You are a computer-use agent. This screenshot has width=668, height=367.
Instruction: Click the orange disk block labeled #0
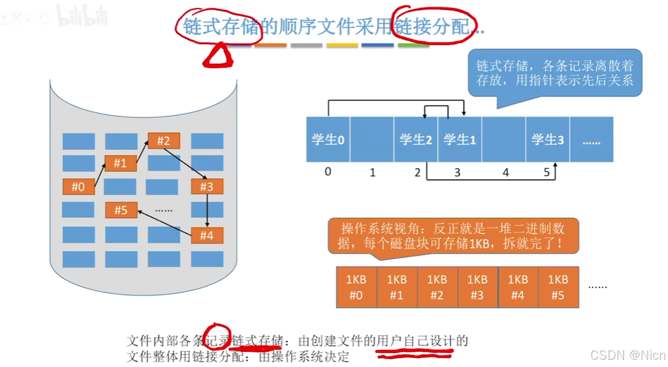78,187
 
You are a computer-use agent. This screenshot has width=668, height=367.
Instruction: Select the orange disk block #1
120,163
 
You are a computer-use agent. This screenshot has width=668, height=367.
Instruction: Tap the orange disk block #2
164,141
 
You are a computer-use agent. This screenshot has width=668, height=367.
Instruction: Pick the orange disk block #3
207,187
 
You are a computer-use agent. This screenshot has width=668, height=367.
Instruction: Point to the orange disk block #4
207,235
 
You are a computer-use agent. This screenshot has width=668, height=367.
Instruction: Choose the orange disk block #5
121,210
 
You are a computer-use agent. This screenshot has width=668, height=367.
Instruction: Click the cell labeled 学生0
328,140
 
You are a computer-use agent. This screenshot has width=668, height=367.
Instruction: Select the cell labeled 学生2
416,140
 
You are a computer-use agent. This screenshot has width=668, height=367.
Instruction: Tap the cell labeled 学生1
460,140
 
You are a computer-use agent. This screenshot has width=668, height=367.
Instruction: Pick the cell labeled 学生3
548,140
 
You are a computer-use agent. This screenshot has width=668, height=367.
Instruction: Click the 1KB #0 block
356,288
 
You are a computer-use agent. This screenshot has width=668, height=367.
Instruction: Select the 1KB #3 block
477,288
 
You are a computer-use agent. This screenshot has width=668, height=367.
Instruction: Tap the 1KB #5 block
558,288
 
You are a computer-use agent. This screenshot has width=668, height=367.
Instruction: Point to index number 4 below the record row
505,173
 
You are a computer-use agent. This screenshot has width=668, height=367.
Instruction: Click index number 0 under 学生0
328,171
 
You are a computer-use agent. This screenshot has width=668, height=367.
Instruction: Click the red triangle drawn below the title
217,56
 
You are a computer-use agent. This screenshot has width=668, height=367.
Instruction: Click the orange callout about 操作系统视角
452,236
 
